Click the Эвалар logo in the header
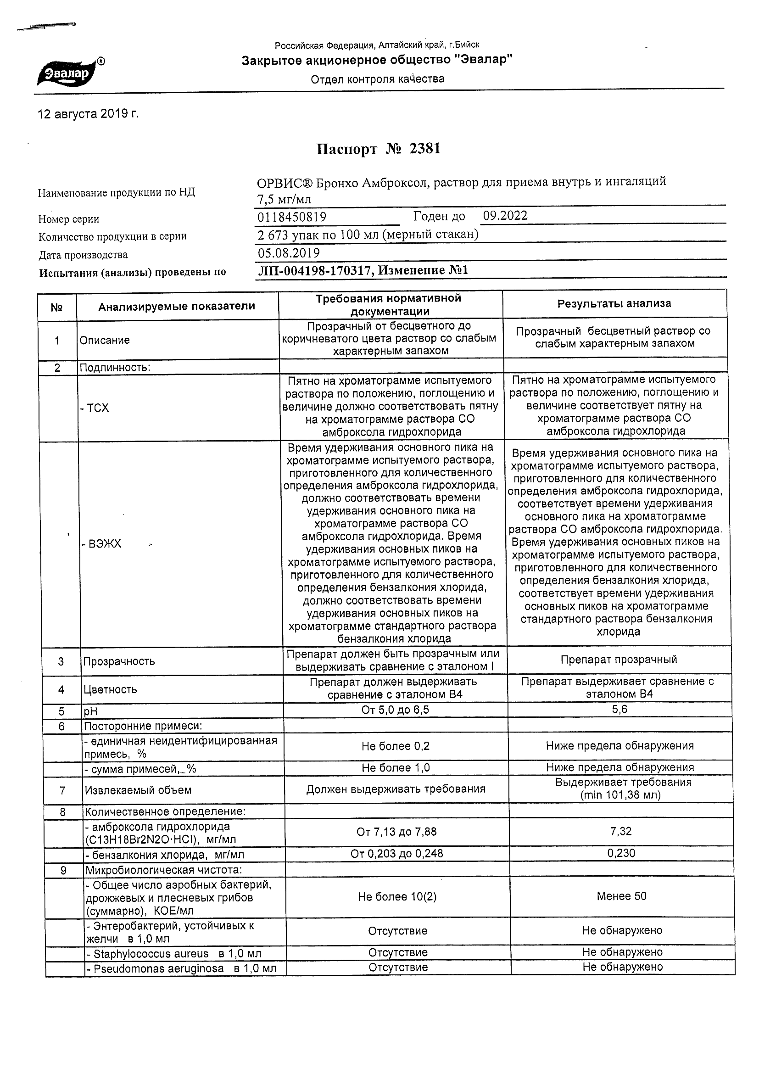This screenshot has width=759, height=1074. (70, 73)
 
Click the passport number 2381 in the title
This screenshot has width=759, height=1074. (424, 149)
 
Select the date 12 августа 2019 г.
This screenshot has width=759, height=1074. (88, 114)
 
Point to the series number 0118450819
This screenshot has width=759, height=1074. (292, 217)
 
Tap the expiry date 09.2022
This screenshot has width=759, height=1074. (505, 216)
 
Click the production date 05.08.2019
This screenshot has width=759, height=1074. (289, 253)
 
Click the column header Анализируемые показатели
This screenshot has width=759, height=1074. (176, 307)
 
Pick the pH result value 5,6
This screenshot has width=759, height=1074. (619, 710)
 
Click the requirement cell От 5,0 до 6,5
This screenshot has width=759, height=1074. (395, 710)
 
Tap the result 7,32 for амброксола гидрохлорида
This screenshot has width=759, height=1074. (621, 831)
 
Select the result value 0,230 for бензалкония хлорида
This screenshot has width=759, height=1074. (621, 853)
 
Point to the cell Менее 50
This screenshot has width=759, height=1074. (621, 896)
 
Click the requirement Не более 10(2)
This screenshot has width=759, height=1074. (396, 896)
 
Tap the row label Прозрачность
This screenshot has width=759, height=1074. (119, 661)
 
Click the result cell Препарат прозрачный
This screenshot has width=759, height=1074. (618, 660)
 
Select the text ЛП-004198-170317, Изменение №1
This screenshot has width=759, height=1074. (363, 270)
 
